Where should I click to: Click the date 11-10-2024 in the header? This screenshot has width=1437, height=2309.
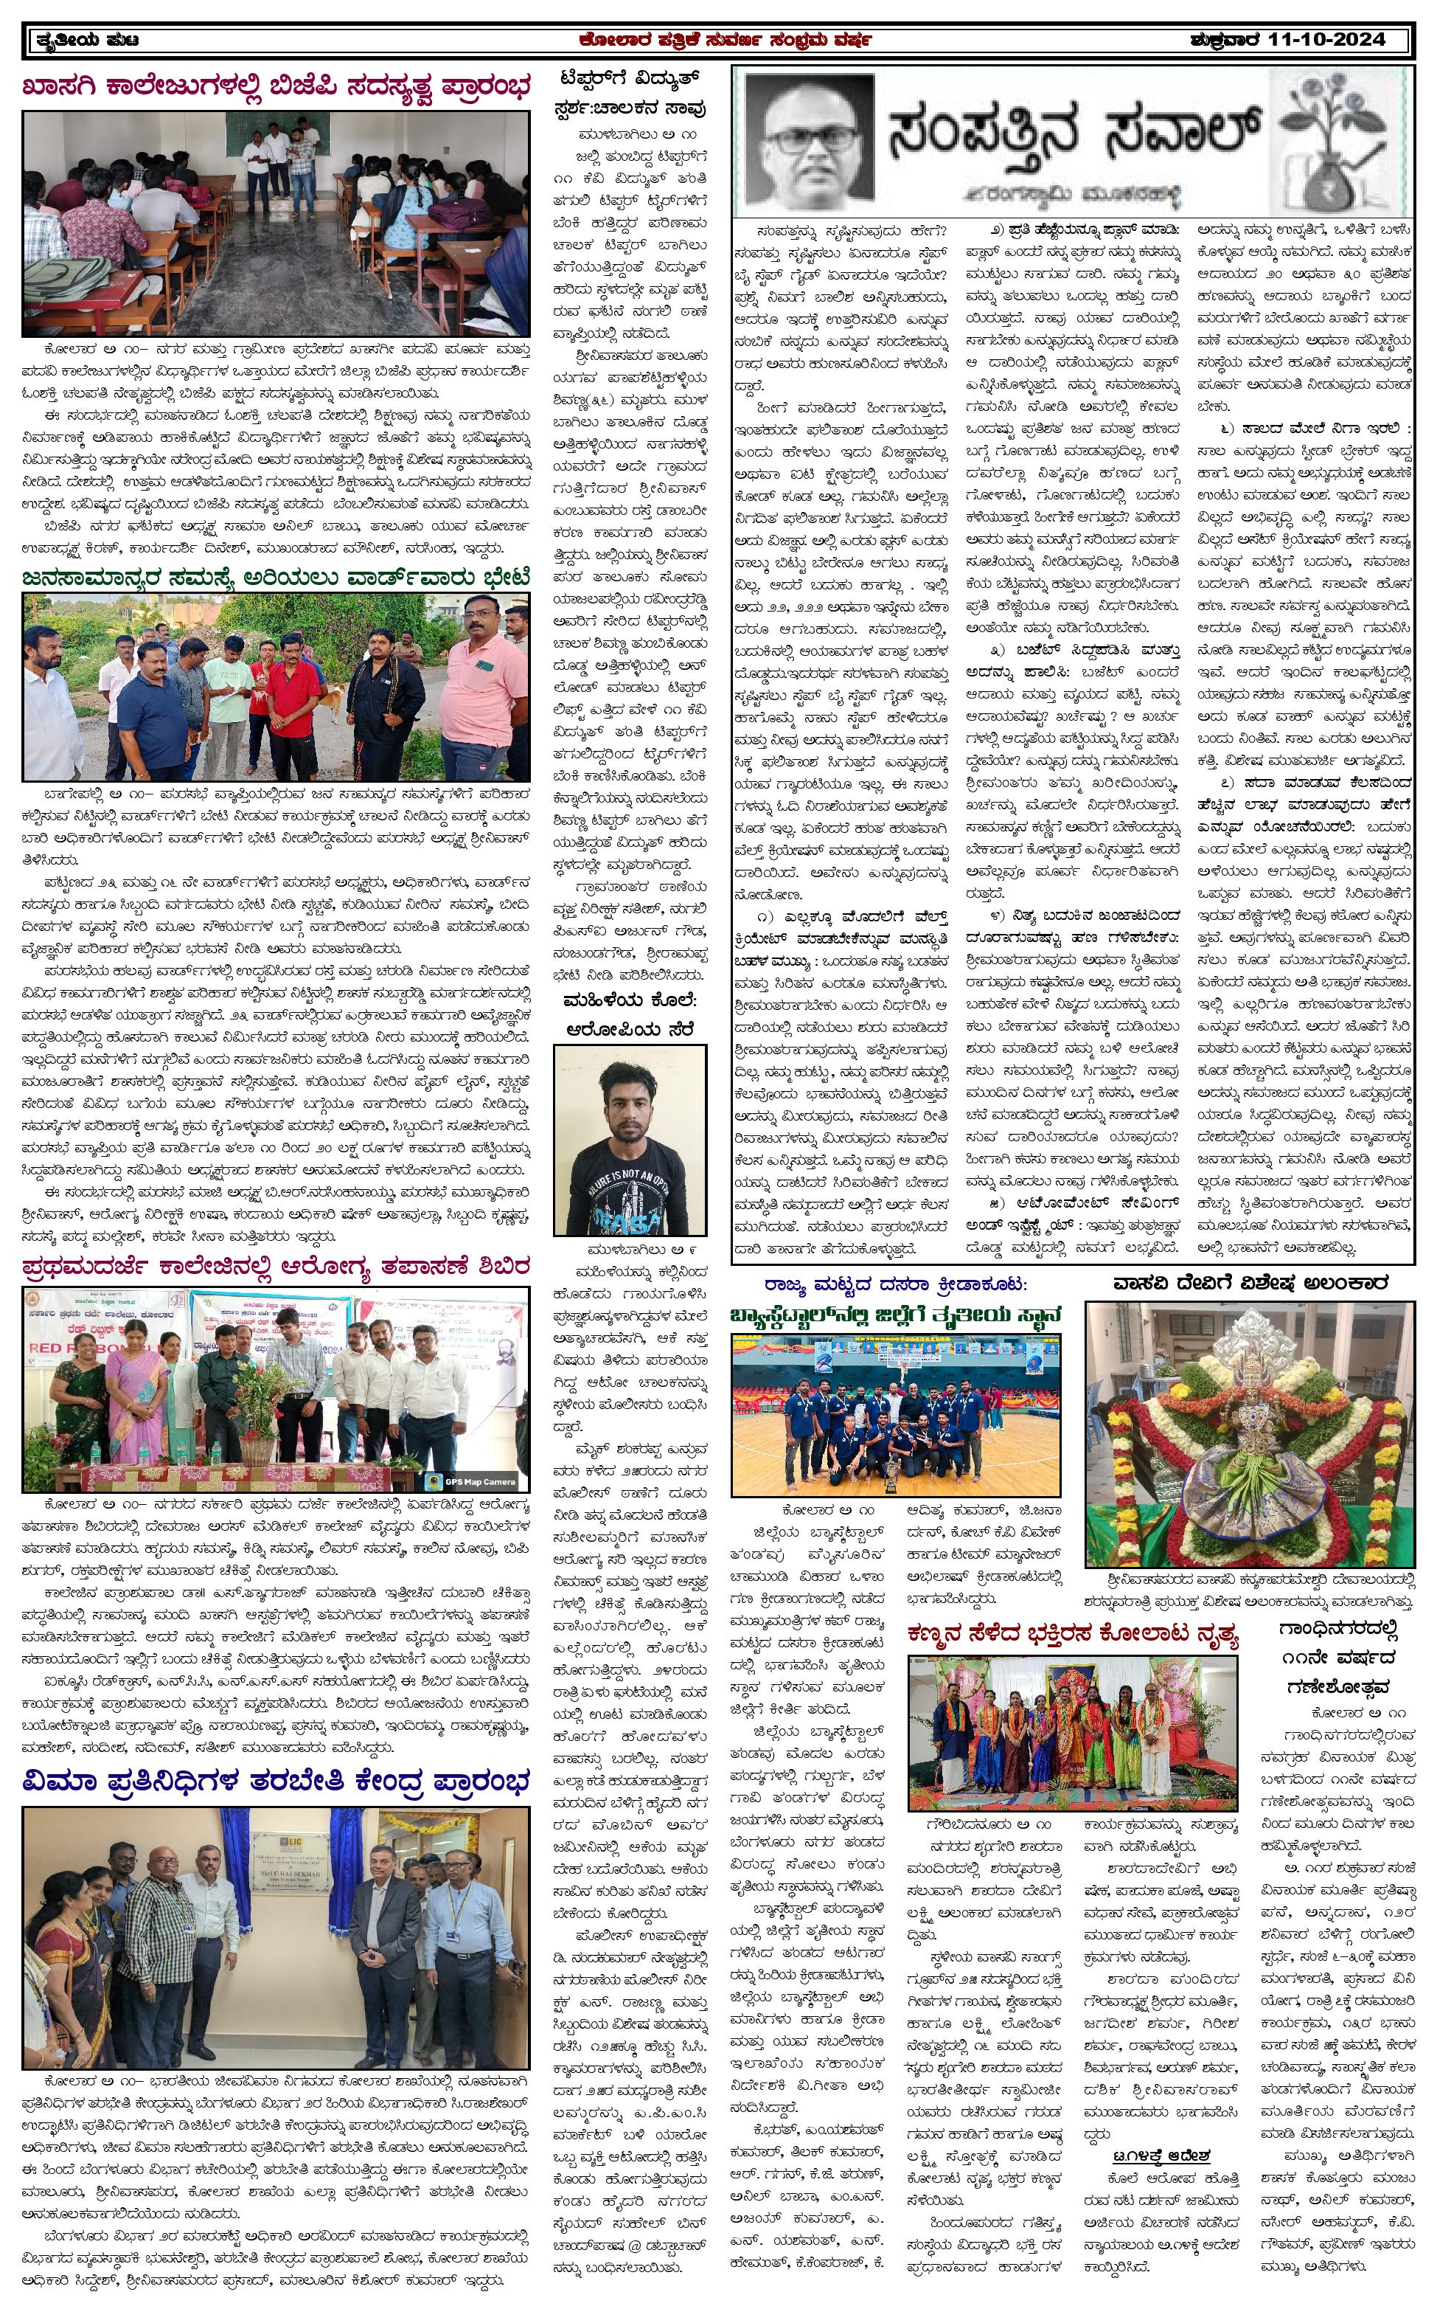point(1329,41)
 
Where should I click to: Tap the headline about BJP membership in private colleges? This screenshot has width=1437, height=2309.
point(276,89)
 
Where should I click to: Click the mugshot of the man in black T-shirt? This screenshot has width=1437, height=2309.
point(630,1140)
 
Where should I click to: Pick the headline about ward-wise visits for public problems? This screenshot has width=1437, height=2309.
point(276,577)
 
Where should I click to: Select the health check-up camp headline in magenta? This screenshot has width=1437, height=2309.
point(276,1268)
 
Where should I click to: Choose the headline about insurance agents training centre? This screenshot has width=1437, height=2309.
point(276,1781)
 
